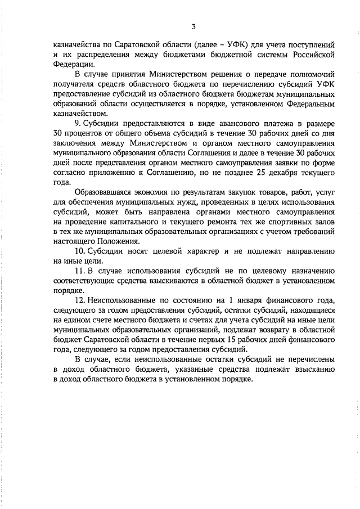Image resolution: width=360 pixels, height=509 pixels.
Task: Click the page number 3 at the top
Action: (x=193, y=26)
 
